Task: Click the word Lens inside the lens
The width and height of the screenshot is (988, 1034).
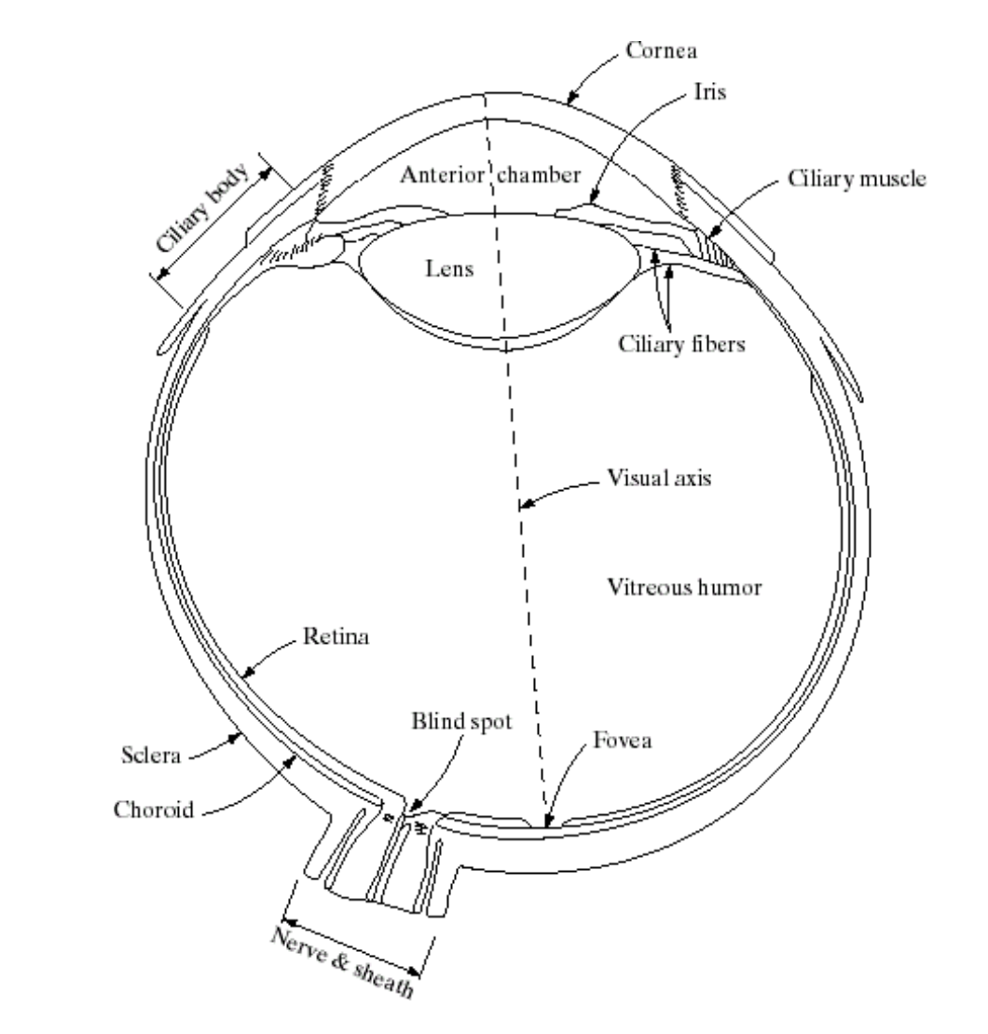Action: (x=449, y=271)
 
